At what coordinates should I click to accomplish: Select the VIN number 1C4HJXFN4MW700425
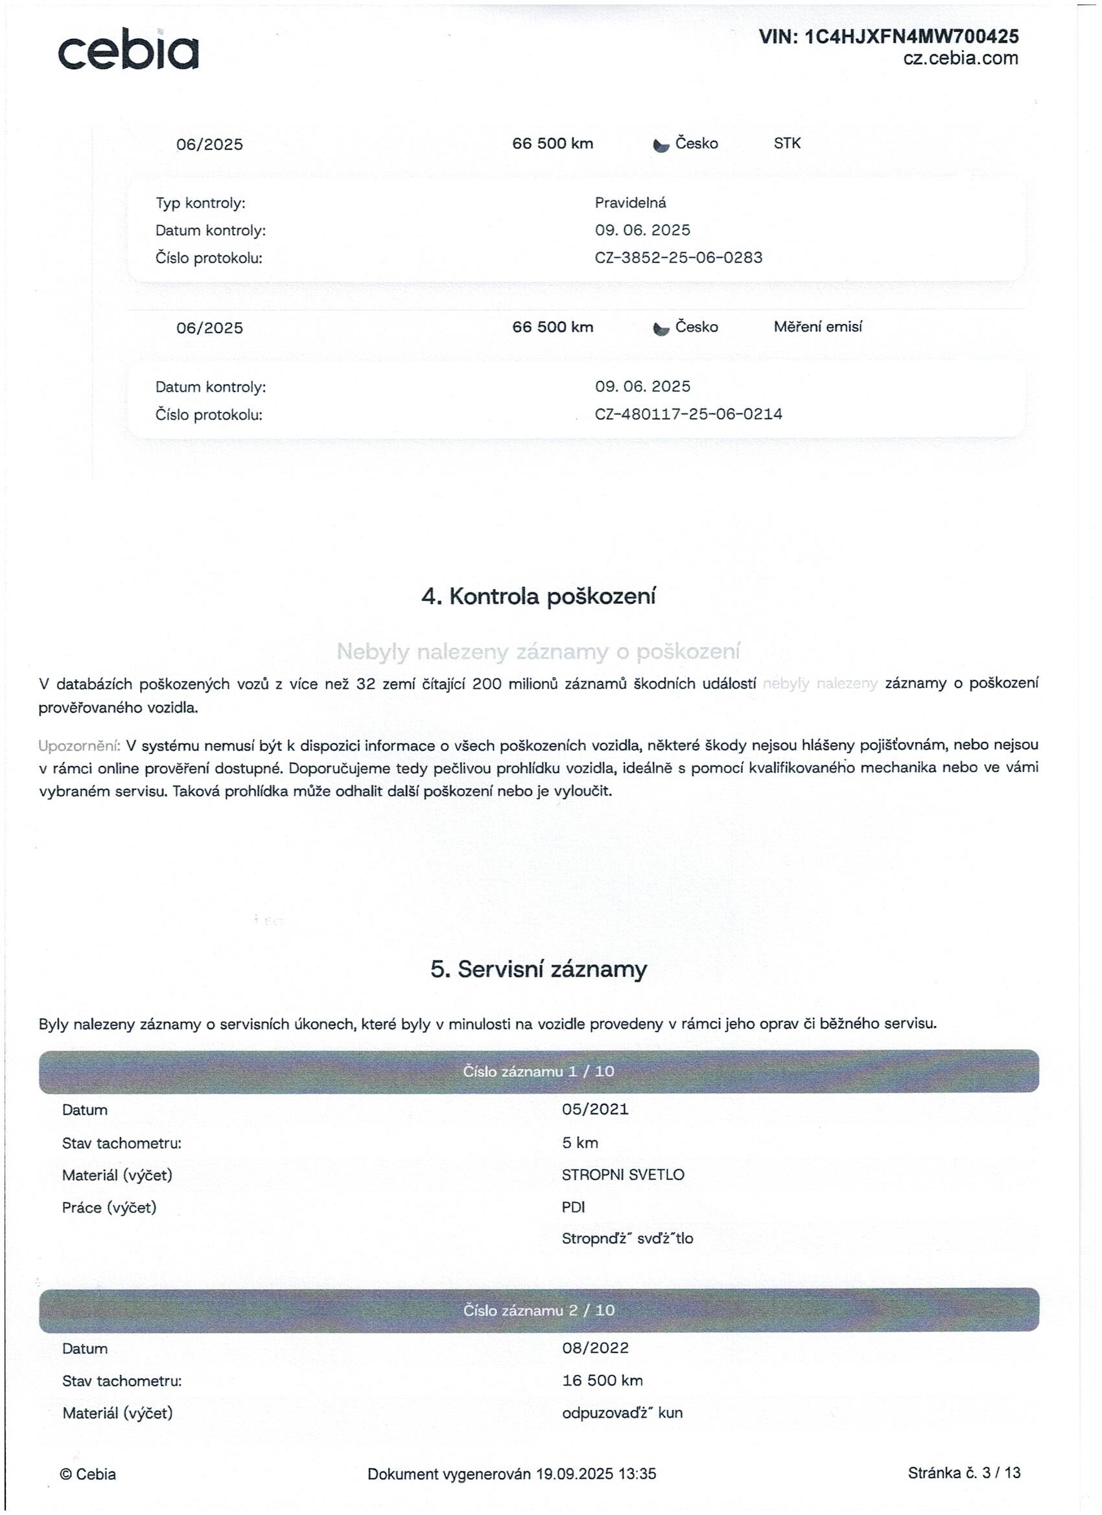click(x=912, y=36)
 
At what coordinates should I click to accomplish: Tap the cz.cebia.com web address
click(x=960, y=59)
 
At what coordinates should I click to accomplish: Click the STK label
click(x=786, y=144)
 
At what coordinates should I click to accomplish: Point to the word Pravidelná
click(x=630, y=203)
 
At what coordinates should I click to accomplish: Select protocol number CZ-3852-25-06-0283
click(x=678, y=258)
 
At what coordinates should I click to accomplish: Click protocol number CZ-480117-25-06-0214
click(x=688, y=414)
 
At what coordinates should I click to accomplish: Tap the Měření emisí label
click(x=817, y=327)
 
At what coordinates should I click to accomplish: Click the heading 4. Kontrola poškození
click(x=539, y=597)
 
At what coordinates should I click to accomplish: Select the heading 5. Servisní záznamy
click(x=539, y=969)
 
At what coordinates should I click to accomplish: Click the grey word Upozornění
click(x=79, y=745)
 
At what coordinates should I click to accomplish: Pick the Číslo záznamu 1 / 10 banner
click(x=539, y=1072)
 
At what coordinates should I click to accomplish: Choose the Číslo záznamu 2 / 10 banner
click(x=539, y=1311)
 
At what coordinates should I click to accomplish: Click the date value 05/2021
click(x=595, y=1110)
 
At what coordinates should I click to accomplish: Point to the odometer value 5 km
click(x=580, y=1143)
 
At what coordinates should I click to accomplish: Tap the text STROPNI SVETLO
click(x=623, y=1175)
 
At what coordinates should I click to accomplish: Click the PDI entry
click(x=574, y=1208)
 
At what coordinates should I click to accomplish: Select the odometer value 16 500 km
click(x=602, y=1381)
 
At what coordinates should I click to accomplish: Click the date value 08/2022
click(x=596, y=1348)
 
